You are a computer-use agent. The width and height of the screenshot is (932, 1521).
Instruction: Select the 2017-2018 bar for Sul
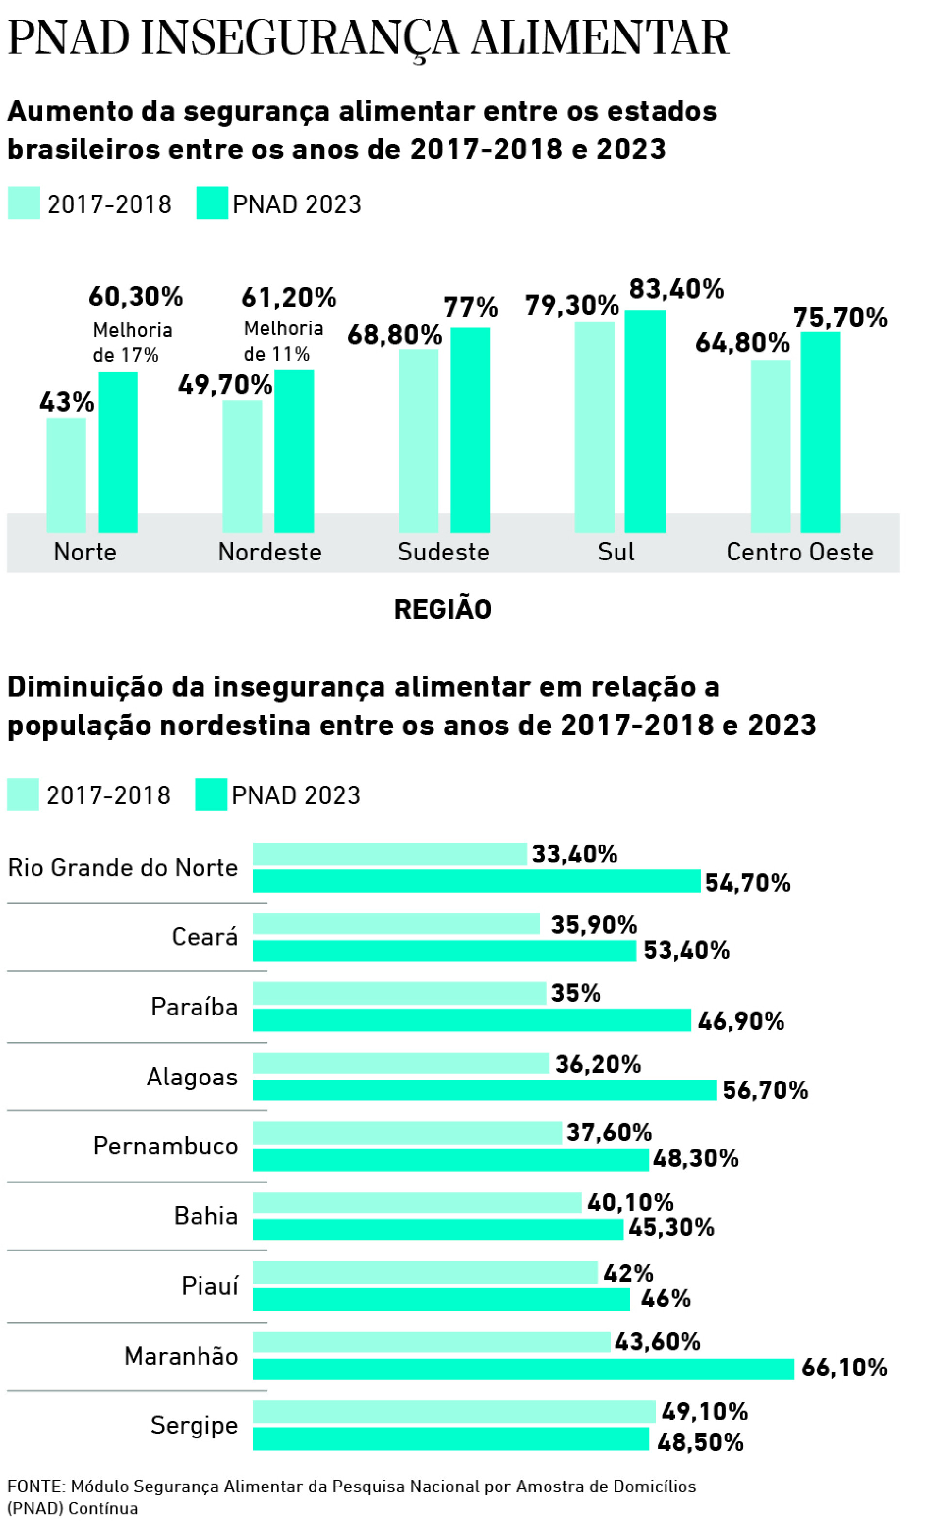(x=594, y=427)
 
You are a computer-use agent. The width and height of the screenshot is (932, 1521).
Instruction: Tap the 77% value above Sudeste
(x=470, y=307)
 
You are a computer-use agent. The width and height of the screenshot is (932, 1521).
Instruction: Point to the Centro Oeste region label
(x=799, y=552)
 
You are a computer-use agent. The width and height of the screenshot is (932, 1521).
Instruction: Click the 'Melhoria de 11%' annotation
(x=283, y=341)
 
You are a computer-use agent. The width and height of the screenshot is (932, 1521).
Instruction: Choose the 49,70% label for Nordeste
(x=225, y=386)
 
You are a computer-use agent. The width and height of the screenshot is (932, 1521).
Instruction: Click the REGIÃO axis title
(x=443, y=609)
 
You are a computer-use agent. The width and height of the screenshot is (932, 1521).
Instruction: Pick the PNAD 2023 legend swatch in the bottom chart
(x=211, y=794)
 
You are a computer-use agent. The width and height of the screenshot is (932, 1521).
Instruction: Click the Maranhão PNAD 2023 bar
(x=523, y=1369)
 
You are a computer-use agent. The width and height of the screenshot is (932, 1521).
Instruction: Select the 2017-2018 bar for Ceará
(x=396, y=924)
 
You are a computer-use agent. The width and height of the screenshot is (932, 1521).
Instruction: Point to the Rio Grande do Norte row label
(x=122, y=868)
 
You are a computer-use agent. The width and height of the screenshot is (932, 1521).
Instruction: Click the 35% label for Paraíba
(x=575, y=994)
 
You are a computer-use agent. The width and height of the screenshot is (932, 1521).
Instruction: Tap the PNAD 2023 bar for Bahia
(x=438, y=1229)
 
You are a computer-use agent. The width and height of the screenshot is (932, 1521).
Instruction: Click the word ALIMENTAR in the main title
(x=599, y=38)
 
